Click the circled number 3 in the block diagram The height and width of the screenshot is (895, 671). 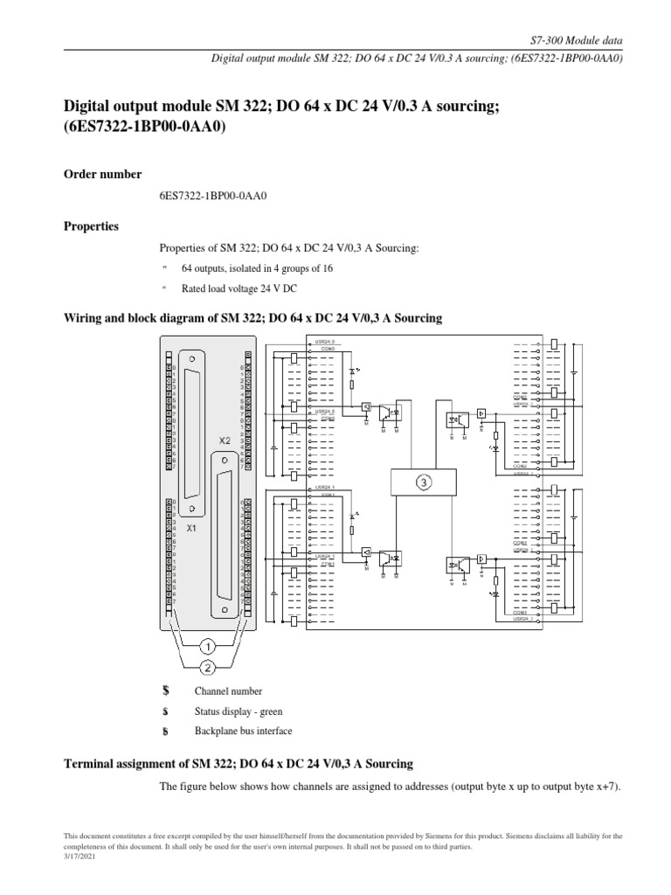[423, 482]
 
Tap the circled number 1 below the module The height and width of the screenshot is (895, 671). [207, 648]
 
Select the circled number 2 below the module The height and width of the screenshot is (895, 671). [207, 668]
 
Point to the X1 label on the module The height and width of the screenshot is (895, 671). [191, 529]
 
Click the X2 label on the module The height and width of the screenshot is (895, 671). [225, 441]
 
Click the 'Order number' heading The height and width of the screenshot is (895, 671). [102, 174]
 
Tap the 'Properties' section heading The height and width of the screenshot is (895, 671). [92, 225]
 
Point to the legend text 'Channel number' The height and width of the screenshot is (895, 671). [228, 691]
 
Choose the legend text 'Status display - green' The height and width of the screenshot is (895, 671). [238, 711]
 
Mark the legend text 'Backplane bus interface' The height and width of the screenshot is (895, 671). [243, 731]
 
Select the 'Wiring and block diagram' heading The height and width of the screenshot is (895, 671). [253, 318]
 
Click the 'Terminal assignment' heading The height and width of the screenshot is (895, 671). [239, 764]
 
